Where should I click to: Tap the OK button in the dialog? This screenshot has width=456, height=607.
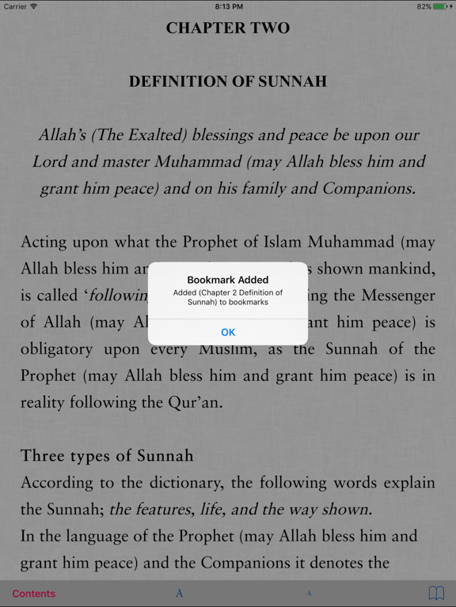tap(228, 332)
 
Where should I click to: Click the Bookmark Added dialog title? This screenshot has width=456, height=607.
tap(228, 280)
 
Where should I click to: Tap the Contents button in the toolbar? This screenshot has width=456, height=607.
tap(34, 594)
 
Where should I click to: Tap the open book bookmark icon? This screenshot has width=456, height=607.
tap(436, 593)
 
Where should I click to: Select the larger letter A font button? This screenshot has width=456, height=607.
tap(180, 594)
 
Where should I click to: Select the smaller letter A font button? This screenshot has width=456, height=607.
tap(310, 594)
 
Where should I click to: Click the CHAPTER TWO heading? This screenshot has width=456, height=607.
tap(228, 28)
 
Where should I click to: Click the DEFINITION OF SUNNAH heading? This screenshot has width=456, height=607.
tap(228, 81)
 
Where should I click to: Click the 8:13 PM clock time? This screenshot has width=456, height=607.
tap(228, 6)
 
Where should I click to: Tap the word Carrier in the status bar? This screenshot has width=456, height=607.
tap(15, 6)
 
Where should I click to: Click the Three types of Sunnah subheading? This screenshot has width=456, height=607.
tap(107, 456)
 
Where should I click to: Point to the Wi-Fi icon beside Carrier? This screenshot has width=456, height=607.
tap(34, 6)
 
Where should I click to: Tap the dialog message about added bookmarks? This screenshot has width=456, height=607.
tap(228, 297)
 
